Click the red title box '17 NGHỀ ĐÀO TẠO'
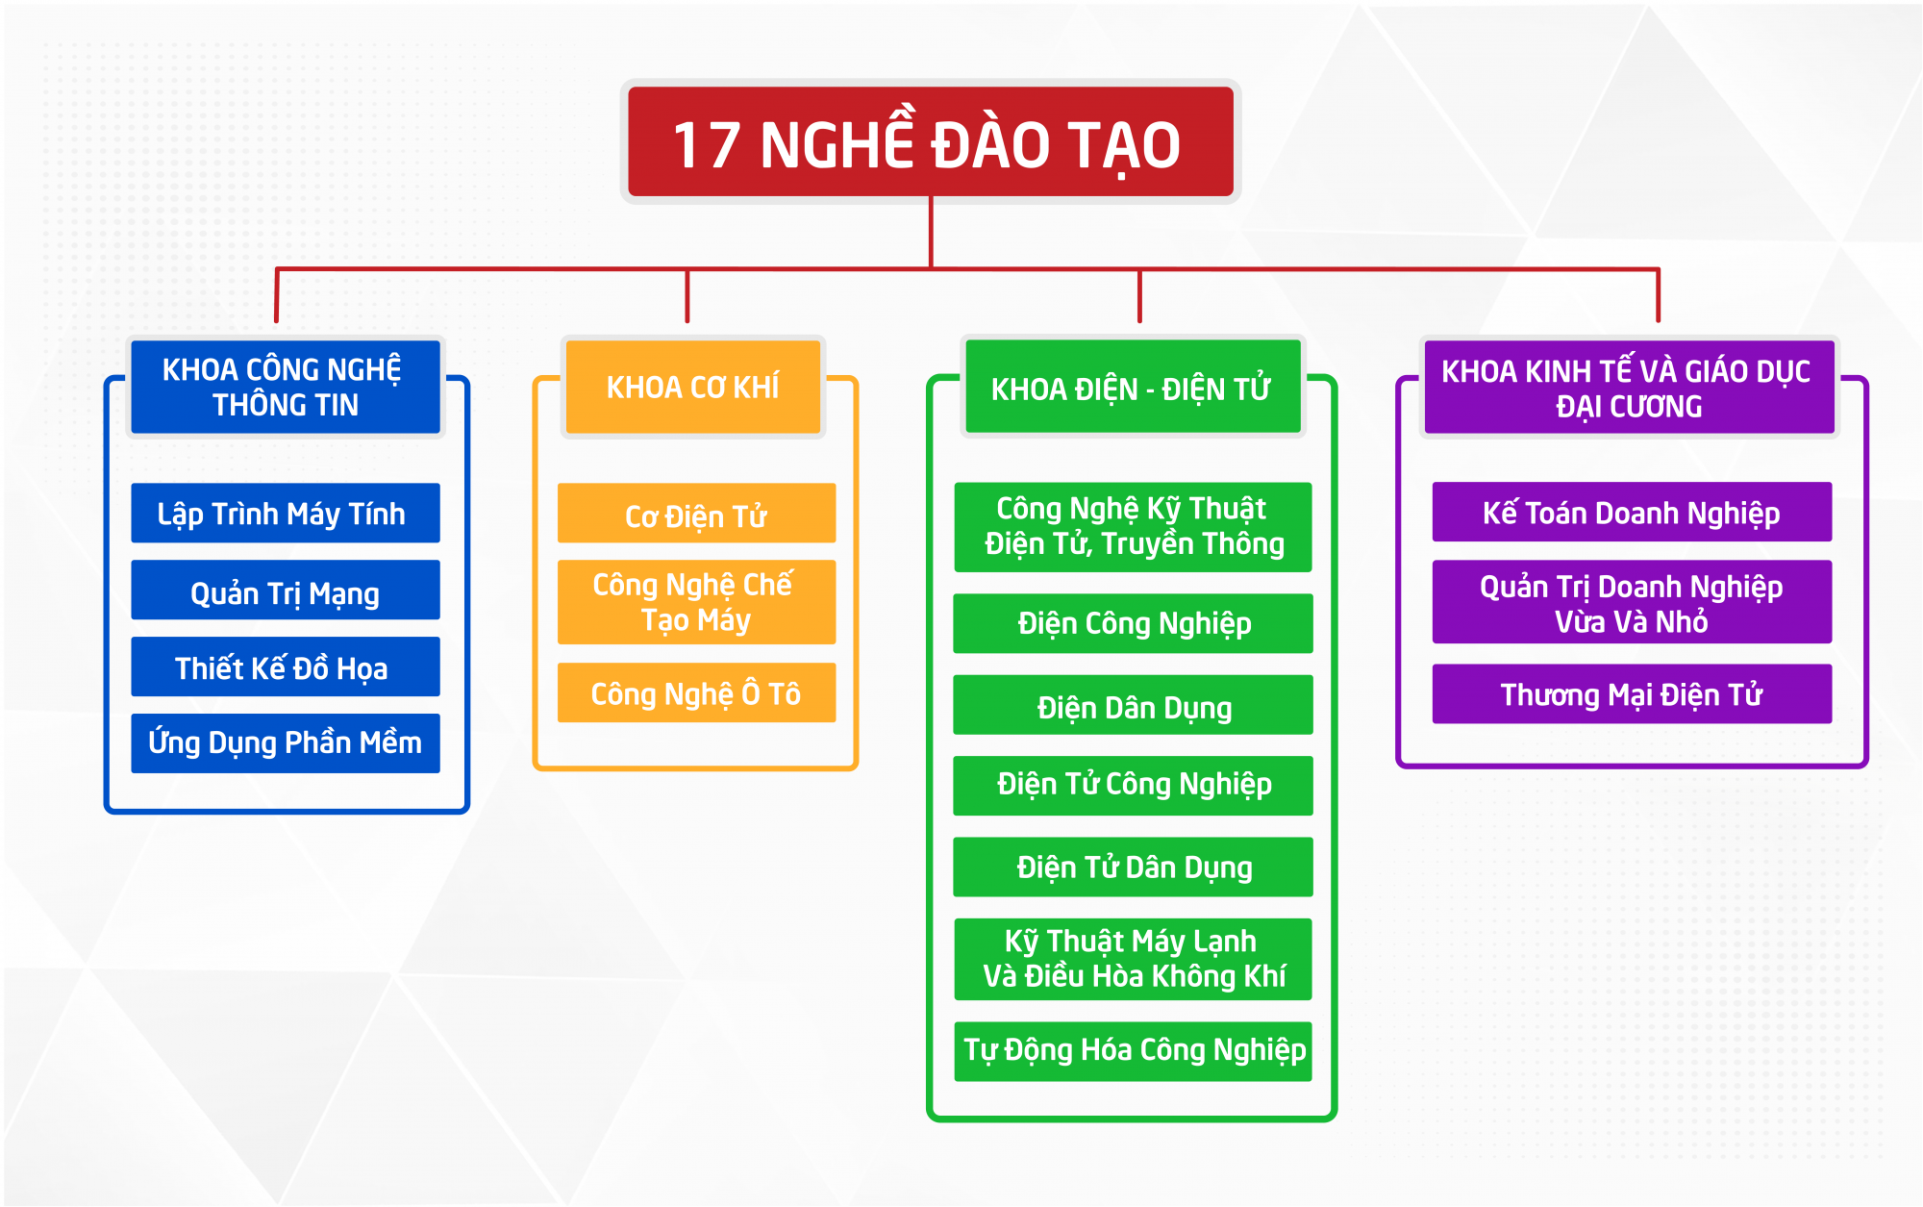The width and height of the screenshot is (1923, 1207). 930,141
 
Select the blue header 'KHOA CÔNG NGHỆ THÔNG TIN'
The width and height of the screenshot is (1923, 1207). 286,387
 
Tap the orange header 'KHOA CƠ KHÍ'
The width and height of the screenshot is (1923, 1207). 692,387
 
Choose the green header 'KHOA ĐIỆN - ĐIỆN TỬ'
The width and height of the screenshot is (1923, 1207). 1133,387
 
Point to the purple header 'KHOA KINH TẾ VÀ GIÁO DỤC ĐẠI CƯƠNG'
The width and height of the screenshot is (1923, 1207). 1629,387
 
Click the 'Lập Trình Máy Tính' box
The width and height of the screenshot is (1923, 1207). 286,513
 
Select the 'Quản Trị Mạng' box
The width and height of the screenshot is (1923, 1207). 286,590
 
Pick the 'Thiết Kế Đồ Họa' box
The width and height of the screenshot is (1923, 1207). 286,666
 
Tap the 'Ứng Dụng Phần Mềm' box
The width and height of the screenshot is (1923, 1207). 286,743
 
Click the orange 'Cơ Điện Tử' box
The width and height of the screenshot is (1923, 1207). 696,513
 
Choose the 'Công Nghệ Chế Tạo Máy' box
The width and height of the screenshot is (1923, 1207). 696,602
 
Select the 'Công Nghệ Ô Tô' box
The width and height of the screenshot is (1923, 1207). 696,692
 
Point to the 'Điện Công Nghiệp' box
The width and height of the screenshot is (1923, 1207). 1133,623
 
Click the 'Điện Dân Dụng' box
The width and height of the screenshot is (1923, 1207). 1133,705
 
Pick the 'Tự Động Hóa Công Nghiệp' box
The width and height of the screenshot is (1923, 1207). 1133,1051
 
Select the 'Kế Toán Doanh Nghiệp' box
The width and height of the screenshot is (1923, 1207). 1632,512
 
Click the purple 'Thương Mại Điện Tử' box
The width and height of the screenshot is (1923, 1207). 1632,693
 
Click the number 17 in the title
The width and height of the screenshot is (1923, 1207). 707,146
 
